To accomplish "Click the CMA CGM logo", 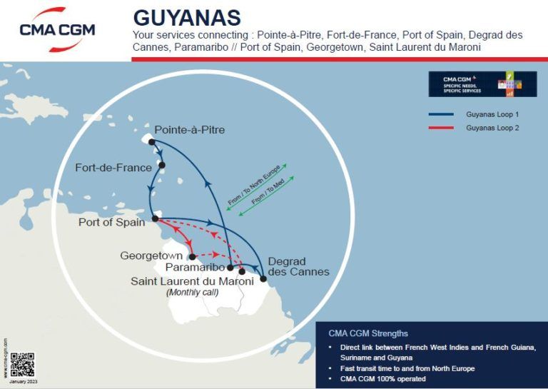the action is pos(57,29).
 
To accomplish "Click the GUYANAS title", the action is pos(187,18).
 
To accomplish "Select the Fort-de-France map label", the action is pos(113,168).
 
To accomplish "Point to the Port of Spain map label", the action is pos(111,222).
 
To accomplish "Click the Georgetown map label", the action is pos(151,255).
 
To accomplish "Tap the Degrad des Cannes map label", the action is pos(298,266).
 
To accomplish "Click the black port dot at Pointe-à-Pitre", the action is pos(152,141).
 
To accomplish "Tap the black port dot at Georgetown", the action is pos(193,256).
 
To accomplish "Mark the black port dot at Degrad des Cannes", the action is pos(263,278).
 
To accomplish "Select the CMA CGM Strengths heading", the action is pos(368,333).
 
